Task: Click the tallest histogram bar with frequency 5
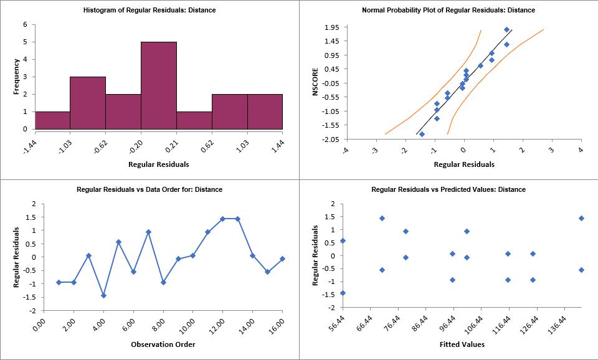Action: (158, 85)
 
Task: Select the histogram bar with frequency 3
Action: (87, 103)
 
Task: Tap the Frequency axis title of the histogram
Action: (17, 77)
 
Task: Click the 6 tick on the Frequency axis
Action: (26, 25)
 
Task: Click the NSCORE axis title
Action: (316, 83)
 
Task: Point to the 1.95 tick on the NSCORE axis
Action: (332, 27)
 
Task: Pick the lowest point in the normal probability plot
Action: (422, 134)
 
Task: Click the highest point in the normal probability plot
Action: (506, 30)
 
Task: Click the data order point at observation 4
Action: (103, 295)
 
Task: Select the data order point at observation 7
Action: (148, 232)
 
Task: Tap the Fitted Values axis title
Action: (462, 344)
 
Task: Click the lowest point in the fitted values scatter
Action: (343, 293)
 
